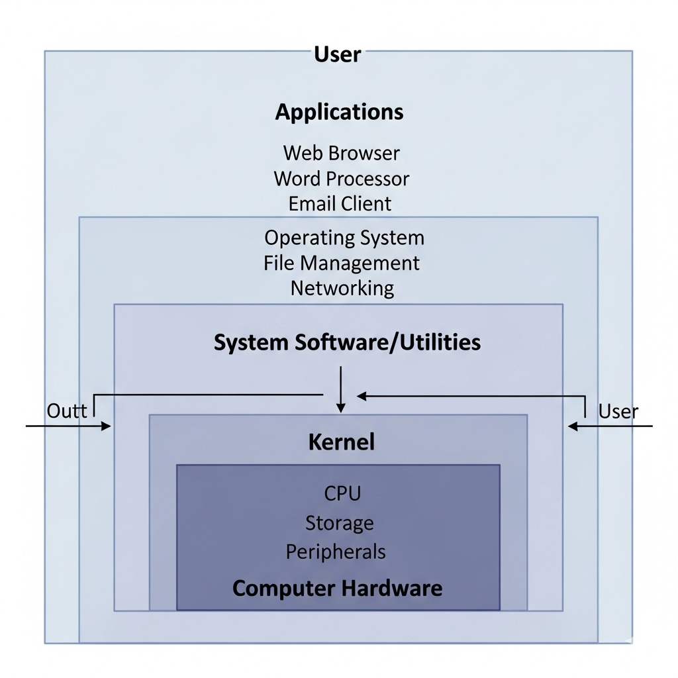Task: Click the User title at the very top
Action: tap(338, 54)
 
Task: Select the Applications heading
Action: tap(339, 111)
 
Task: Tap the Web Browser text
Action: tap(341, 153)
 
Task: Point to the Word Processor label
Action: tap(341, 179)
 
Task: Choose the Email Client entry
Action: tap(340, 204)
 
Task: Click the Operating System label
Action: tap(344, 238)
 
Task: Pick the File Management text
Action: tap(341, 263)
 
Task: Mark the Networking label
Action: tap(342, 289)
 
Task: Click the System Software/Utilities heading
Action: tap(347, 342)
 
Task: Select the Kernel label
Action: tap(341, 442)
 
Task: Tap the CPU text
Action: tap(342, 493)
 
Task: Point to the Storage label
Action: tap(339, 523)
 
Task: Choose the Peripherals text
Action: tap(336, 552)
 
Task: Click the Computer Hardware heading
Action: tap(337, 588)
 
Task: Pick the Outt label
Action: tap(67, 411)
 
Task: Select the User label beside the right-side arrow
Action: tap(618, 411)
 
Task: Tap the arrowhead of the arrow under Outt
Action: tap(106, 426)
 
